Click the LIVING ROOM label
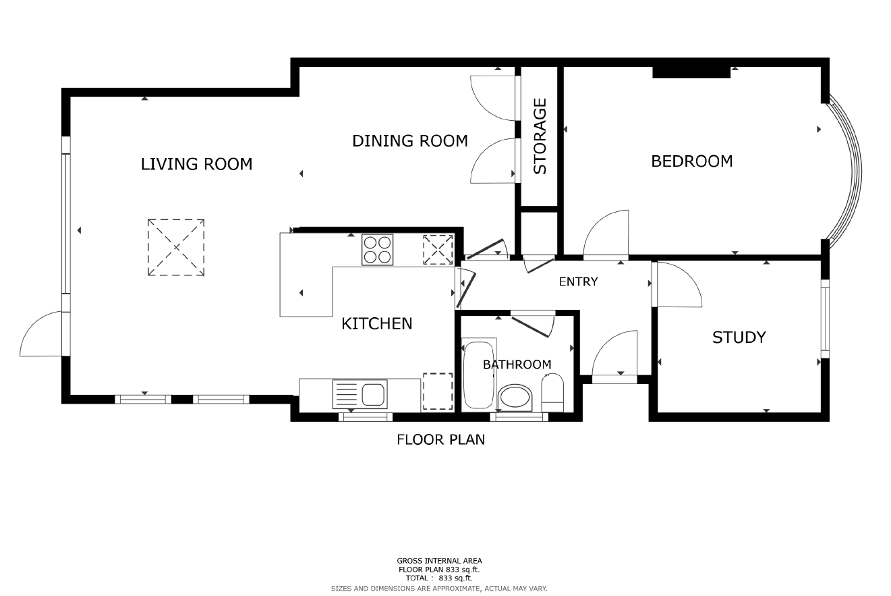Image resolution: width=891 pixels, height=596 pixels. point(196,164)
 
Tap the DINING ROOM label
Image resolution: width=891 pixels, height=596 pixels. point(409,141)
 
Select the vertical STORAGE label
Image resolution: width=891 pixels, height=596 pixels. point(540,136)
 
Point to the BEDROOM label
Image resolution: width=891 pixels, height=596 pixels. point(692,161)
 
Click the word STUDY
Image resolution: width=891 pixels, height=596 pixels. point(739,337)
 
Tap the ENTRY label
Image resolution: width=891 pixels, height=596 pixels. point(578,282)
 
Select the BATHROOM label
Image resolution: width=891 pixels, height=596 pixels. point(517,364)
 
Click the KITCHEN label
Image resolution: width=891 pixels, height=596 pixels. point(376,324)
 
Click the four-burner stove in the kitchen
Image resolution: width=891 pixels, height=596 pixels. point(378,250)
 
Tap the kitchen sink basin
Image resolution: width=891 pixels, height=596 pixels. point(373,395)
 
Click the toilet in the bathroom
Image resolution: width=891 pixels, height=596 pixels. point(552,393)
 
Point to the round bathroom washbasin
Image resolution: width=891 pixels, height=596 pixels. point(515,398)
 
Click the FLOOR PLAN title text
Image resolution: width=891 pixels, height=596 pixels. point(440,439)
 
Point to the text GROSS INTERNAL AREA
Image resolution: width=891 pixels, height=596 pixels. point(439,561)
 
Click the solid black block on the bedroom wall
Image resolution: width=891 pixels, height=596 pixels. point(691,72)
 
